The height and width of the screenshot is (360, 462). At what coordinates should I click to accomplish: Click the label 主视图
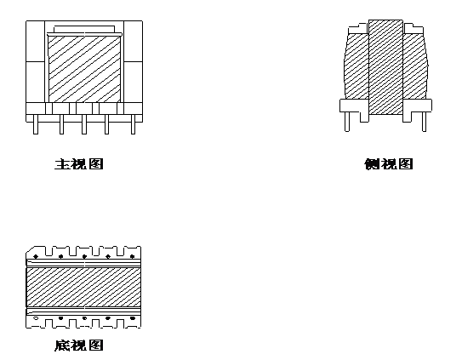coord(79,164)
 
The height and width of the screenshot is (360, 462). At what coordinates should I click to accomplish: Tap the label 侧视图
coord(389,164)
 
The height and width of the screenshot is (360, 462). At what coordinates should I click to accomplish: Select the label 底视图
coord(79,345)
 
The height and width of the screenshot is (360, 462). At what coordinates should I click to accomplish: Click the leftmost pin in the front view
coord(36,124)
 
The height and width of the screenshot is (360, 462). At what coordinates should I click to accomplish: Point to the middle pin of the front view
coord(84,124)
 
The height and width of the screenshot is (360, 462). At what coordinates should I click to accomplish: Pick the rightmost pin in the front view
coord(133,124)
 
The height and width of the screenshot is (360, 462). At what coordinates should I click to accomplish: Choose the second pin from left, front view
coord(61,124)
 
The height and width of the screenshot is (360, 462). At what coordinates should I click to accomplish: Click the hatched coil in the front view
coord(84,69)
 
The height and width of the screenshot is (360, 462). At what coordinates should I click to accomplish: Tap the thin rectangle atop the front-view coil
coord(84,29)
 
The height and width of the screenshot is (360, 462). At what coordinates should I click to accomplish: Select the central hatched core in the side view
coord(385,67)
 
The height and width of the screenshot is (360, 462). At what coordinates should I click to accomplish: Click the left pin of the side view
coord(347,122)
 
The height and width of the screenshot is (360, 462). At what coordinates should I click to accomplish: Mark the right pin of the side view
coord(424,122)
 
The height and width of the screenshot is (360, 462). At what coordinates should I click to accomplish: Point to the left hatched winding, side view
coord(356,66)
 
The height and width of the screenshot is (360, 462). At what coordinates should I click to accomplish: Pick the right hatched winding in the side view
coord(415,66)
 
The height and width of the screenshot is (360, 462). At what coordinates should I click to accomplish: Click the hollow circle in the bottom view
coord(36,318)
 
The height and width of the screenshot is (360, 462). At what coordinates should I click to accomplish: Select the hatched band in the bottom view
coord(83,287)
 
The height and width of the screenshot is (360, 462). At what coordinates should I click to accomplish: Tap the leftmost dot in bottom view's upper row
coord(36,256)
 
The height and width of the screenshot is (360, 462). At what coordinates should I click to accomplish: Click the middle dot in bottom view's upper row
coord(84,256)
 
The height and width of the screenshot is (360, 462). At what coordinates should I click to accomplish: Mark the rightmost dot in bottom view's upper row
coord(132,256)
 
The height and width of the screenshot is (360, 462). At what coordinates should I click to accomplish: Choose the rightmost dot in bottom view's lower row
coord(133,318)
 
